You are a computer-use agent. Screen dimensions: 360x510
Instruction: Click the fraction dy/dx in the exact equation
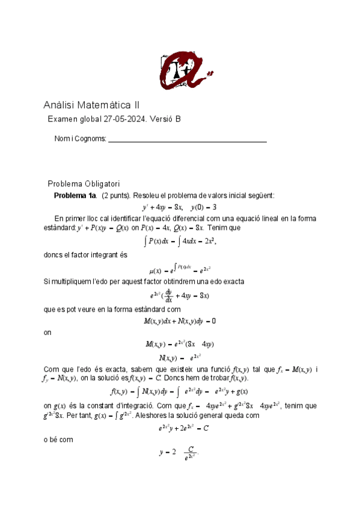click(x=169, y=295)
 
